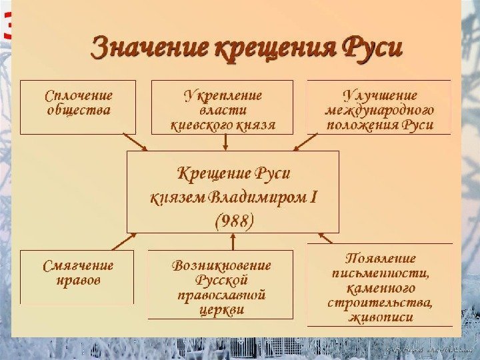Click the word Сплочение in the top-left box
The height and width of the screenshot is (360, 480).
pos(79,96)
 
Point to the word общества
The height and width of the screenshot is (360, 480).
pos(79,109)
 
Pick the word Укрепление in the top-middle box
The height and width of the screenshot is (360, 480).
pos(223,96)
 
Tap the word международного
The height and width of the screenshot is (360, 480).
pos(379,110)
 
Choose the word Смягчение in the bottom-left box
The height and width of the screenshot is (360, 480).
pos(78,266)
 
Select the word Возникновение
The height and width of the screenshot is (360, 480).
pos(221,265)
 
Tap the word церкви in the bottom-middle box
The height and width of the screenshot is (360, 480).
pos(221,309)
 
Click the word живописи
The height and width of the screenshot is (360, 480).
pos(380,317)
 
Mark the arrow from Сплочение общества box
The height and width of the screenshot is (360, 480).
pos(136,141)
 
